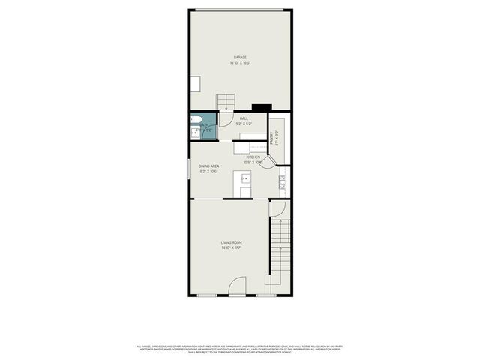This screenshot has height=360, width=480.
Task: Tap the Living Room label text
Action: click(231, 244)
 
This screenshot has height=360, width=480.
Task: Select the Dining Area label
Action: click(208, 169)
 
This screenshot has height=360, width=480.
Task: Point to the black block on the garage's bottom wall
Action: click(261, 107)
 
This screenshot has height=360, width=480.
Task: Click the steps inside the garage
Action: click(227, 102)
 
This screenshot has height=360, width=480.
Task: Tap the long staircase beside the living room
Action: click(278, 251)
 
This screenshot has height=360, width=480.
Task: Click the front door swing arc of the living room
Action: click(237, 286)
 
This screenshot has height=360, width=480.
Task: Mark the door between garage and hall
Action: click(226, 120)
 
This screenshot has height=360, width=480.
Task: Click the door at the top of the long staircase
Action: click(277, 208)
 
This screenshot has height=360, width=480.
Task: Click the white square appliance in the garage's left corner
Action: click(194, 83)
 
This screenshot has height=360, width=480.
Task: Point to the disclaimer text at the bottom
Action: click(240, 349)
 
